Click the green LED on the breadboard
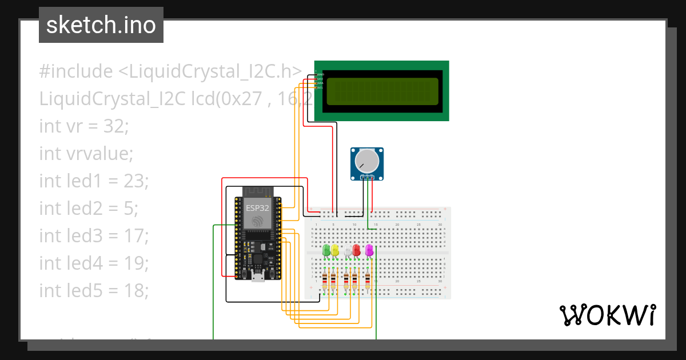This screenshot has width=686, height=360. coord(326,250)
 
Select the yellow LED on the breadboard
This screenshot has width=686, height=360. coord(335,250)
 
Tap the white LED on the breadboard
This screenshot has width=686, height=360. coord(348,250)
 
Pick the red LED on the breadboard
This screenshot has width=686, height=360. coord(357,250)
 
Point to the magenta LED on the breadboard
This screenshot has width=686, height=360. coord(369,250)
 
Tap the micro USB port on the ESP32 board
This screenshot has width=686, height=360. coord(258,278)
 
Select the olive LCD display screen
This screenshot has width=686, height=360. coord(382,91)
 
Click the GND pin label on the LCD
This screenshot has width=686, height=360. coord(321,74)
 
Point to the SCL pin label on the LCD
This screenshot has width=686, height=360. coord(320,87)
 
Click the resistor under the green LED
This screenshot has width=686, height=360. coord(326,281)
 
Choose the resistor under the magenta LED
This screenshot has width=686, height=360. coord(368,281)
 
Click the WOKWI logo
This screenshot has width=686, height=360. coord(607,315)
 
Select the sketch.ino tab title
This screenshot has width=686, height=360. coord(101,25)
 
